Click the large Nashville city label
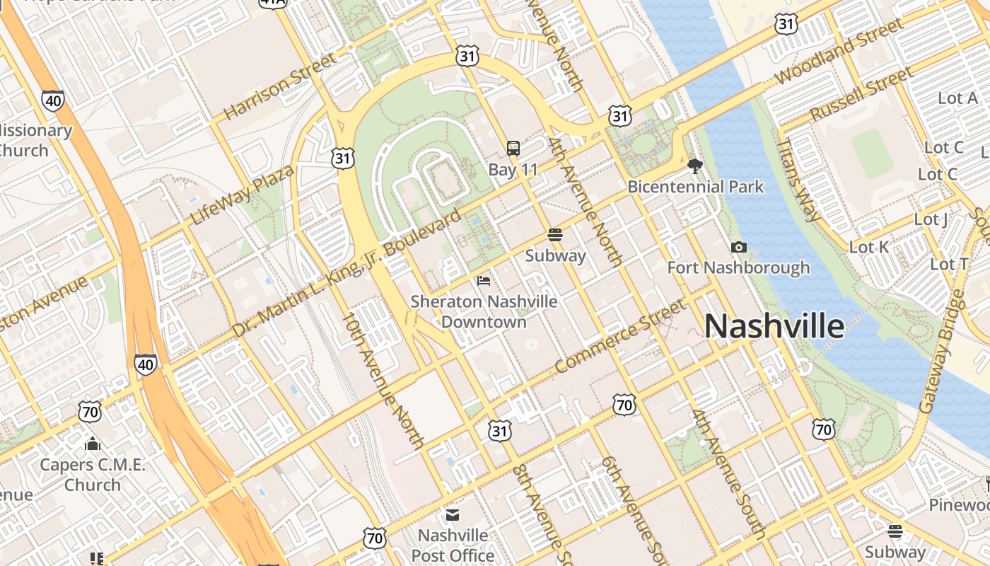[x=774, y=327]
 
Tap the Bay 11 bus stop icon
[x=513, y=149]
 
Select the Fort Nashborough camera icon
[x=739, y=247]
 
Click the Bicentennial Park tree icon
[x=695, y=166]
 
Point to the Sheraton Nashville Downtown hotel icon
[x=484, y=281]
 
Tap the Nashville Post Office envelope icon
[x=452, y=514]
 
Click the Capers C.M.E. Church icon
[x=92, y=444]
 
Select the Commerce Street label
[x=620, y=336]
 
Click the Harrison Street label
[x=280, y=86]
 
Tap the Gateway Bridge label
[x=942, y=352]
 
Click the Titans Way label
[x=797, y=180]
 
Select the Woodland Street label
[x=839, y=52]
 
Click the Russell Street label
[x=861, y=94]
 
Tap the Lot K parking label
[x=868, y=247]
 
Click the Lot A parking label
[x=957, y=98]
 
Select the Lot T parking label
[x=949, y=264]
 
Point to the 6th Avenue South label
[x=632, y=508]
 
